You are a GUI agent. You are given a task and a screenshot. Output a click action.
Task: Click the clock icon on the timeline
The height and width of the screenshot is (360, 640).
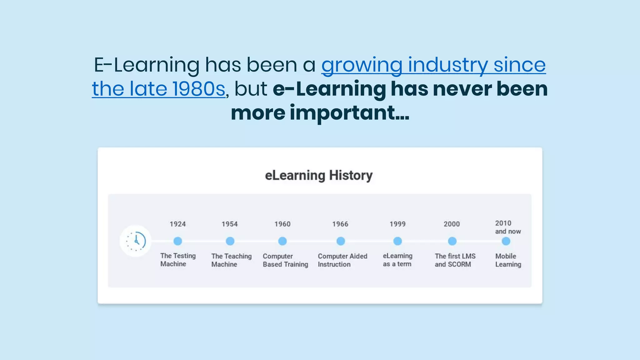pos(136,241)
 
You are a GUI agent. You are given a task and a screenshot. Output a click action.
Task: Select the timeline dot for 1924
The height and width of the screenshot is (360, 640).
pos(177,241)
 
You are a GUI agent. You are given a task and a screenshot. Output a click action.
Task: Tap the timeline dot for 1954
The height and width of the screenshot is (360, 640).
pos(230,241)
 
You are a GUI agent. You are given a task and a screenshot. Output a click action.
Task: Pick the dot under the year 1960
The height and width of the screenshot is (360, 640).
pos(282,241)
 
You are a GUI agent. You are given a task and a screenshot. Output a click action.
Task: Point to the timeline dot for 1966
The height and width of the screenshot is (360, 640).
pos(341,241)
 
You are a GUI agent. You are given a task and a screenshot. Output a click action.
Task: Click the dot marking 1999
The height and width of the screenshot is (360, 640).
pos(397,241)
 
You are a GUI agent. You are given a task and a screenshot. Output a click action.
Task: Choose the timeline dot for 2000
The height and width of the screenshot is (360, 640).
pos(452,241)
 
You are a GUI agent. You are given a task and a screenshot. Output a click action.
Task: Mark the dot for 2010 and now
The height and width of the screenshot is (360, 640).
pos(506,241)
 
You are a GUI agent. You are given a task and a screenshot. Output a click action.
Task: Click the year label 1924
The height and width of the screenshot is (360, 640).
pos(177,224)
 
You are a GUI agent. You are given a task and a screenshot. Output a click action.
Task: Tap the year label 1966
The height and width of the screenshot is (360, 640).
pos(340,224)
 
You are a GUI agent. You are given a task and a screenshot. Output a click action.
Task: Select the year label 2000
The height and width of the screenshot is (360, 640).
pos(452,224)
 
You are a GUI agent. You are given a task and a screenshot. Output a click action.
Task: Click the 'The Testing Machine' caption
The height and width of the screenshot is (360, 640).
pos(178,260)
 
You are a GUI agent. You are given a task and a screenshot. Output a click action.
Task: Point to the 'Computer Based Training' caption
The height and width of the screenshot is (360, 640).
pos(285,260)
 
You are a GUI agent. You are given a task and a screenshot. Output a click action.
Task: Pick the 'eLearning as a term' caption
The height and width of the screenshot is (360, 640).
pos(397,260)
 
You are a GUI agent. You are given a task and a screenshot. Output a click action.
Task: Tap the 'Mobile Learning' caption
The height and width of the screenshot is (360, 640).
pos(508,260)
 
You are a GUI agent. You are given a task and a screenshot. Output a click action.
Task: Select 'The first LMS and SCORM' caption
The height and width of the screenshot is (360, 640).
pos(455,260)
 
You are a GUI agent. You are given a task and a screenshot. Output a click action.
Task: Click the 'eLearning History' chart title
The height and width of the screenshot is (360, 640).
pos(319,175)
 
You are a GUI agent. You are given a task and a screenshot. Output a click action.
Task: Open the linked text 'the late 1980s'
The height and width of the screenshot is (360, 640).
pos(158,89)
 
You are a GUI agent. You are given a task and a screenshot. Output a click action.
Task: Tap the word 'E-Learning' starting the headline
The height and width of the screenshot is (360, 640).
pos(147,65)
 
